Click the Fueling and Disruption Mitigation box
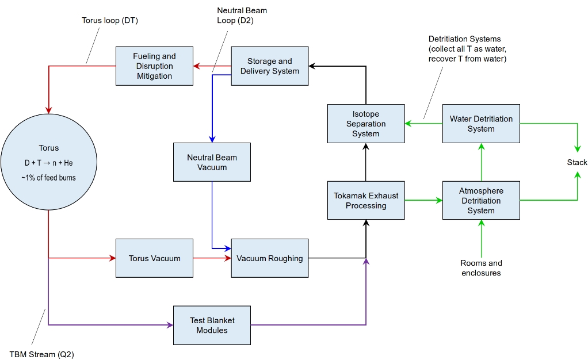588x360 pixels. click(155, 66)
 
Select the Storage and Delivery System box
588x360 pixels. click(270, 66)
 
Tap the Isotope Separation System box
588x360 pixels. click(366, 124)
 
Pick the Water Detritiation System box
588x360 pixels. click(481, 124)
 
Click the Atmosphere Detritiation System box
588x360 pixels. click(481, 201)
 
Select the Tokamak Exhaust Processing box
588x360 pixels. click(366, 201)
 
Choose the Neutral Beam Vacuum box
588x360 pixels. click(212, 162)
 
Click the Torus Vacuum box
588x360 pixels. click(155, 258)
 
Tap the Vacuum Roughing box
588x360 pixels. click(270, 258)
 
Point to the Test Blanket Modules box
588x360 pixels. click(212, 325)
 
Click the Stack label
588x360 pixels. click(576, 162)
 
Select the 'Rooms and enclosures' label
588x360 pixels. click(481, 268)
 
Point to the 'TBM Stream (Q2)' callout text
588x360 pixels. click(41, 354)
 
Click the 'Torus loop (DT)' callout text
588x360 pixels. click(110, 21)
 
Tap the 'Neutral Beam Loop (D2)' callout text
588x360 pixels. click(242, 16)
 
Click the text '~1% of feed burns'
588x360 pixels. click(49, 178)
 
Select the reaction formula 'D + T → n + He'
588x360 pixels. click(49, 163)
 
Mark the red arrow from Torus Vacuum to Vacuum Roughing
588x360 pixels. click(212, 258)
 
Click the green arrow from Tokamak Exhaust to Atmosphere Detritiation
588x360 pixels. click(423, 201)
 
